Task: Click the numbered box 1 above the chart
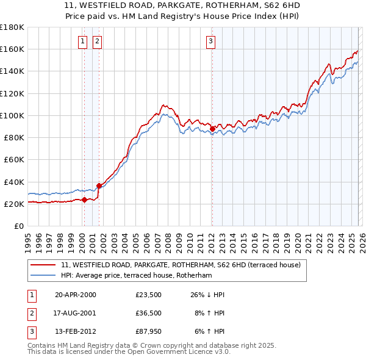[82, 41]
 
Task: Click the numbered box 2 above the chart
[97, 41]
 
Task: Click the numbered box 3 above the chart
[210, 41]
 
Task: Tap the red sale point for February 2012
[212, 129]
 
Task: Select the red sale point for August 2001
[99, 185]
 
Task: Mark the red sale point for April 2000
[84, 200]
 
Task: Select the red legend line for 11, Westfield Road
[43, 265]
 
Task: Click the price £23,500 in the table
[148, 295]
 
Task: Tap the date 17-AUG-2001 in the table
[76, 313]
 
